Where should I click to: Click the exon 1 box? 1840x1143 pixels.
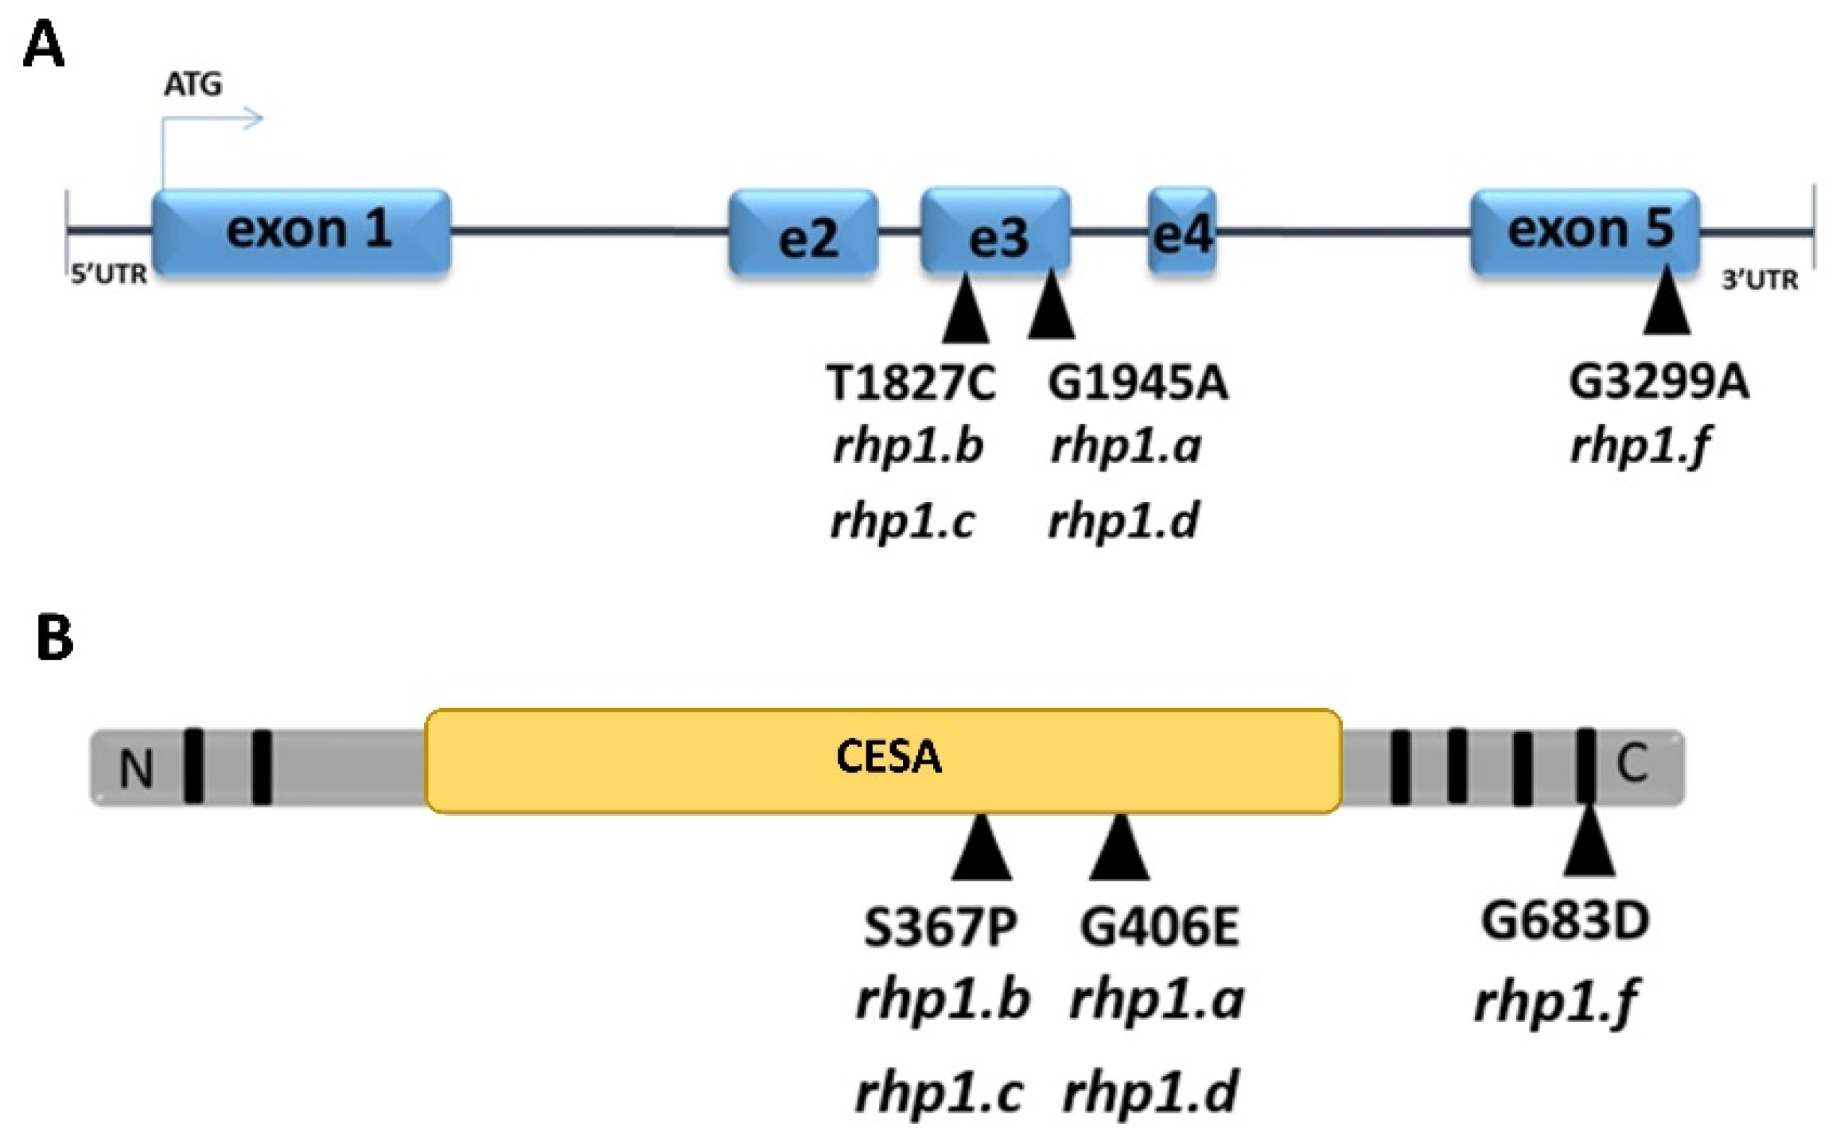point(302,231)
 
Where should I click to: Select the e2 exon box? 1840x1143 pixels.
point(803,233)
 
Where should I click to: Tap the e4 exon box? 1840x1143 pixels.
point(1181,231)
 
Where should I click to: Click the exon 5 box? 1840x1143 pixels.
point(1585,231)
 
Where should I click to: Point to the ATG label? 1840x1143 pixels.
point(193,84)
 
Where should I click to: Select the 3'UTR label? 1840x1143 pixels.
point(1759,280)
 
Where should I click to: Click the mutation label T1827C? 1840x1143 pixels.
point(909,384)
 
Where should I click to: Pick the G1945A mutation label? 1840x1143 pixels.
point(1138,384)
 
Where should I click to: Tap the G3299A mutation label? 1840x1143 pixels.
point(1659,383)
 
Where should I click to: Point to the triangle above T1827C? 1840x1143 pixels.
point(966,312)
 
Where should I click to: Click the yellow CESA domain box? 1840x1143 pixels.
point(883,760)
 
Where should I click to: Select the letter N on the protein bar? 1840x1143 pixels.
point(136,769)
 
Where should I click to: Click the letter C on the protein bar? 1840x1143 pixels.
point(1632,764)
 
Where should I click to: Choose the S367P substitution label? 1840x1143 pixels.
point(940,928)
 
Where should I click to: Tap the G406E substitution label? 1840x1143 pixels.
point(1160,928)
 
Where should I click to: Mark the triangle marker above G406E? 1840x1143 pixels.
point(1119,849)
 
